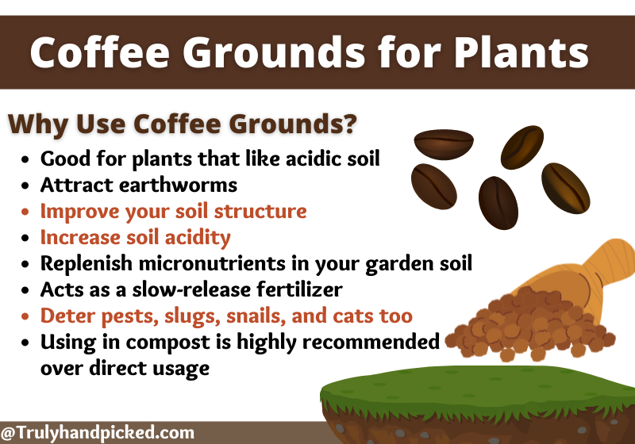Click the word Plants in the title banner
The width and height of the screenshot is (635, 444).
point(521,52)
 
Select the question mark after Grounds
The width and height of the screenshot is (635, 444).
point(349,123)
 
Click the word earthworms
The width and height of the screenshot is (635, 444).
point(178,186)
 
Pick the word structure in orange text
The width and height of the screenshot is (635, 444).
point(260,211)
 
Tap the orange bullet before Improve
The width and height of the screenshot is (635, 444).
point(25,212)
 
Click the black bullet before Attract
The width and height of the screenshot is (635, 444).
point(25,186)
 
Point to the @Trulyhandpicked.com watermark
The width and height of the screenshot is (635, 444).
point(97,433)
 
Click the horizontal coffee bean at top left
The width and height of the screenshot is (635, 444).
point(444,144)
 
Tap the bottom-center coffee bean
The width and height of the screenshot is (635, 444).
point(498,203)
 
